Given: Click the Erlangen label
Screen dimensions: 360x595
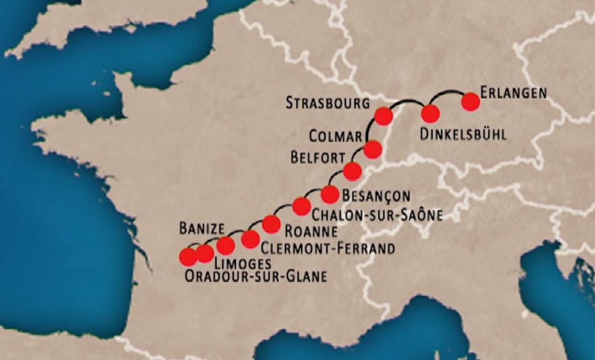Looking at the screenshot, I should click(x=514, y=93).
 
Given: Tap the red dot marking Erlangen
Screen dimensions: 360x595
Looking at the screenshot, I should click(x=470, y=102).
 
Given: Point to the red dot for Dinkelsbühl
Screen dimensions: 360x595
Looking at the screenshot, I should click(x=430, y=113).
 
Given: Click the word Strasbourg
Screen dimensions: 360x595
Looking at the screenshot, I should click(x=328, y=103).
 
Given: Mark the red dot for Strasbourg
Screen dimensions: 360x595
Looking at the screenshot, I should click(x=383, y=116).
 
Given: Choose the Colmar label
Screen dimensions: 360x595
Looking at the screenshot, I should click(x=335, y=136).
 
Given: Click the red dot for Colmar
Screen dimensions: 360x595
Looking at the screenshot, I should click(x=372, y=149).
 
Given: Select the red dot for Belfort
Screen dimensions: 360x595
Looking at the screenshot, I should click(x=352, y=171).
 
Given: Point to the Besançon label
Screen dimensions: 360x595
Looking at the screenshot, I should click(x=376, y=196).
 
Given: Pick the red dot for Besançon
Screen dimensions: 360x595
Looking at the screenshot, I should click(x=329, y=194).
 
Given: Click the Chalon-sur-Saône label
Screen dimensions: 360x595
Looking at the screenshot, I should click(x=377, y=215).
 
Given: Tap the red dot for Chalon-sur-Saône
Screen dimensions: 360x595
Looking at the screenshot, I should click(x=301, y=206).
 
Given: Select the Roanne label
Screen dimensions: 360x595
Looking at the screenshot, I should click(x=311, y=231).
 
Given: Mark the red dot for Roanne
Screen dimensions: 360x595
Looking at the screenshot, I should click(x=271, y=224).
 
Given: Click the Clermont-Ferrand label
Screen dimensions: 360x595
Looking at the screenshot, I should click(x=328, y=249).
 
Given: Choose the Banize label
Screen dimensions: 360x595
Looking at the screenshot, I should click(x=201, y=227).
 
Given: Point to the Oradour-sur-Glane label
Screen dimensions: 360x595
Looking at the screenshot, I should click(x=256, y=277).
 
